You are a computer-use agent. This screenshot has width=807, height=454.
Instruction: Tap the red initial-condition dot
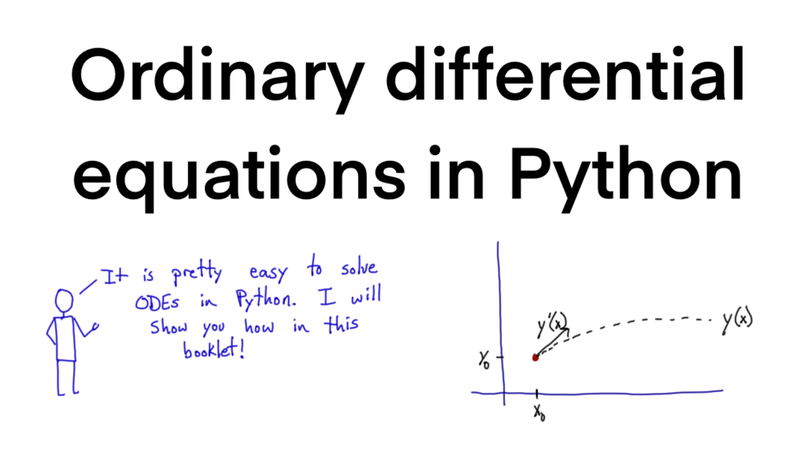coord(536,357)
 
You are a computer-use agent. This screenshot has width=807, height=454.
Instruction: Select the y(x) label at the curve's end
coord(736,321)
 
